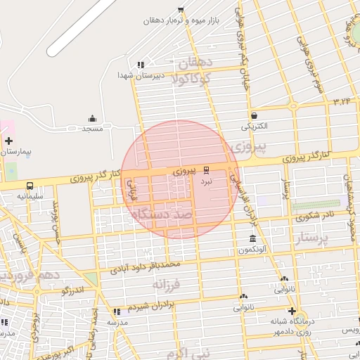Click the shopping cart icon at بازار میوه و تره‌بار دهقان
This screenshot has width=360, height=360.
click(181, 10)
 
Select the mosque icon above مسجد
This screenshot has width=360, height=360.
click(92, 118)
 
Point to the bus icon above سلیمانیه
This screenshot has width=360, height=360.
click(30, 186)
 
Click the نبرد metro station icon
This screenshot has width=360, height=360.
click(207, 169)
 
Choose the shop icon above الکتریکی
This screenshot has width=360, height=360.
click(254, 116)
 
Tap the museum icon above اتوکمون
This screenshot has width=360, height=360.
click(252, 239)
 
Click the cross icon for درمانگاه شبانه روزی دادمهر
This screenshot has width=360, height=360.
click(292, 311)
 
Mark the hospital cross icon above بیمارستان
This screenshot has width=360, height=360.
click(8, 141)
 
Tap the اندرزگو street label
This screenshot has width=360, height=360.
click(73, 290)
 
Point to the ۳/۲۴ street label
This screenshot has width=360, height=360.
click(342, 101)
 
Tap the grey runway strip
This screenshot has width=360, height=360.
click(80, 27)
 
